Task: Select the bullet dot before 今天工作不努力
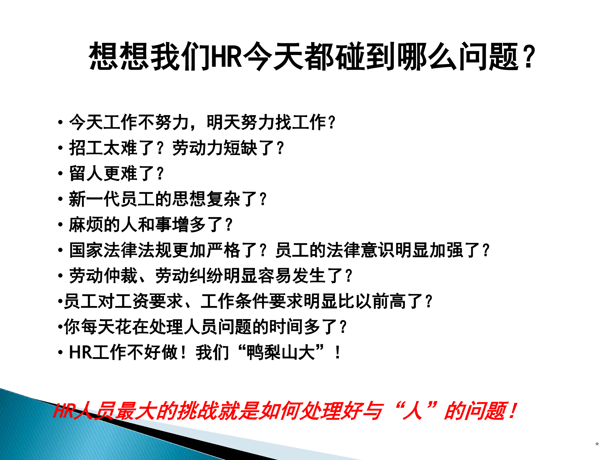click(x=60, y=122)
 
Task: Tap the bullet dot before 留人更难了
click(x=60, y=174)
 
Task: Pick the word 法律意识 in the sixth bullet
click(x=360, y=250)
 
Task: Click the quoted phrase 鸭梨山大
click(x=281, y=352)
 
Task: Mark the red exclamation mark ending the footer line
click(x=513, y=411)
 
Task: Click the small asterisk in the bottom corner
click(x=597, y=444)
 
